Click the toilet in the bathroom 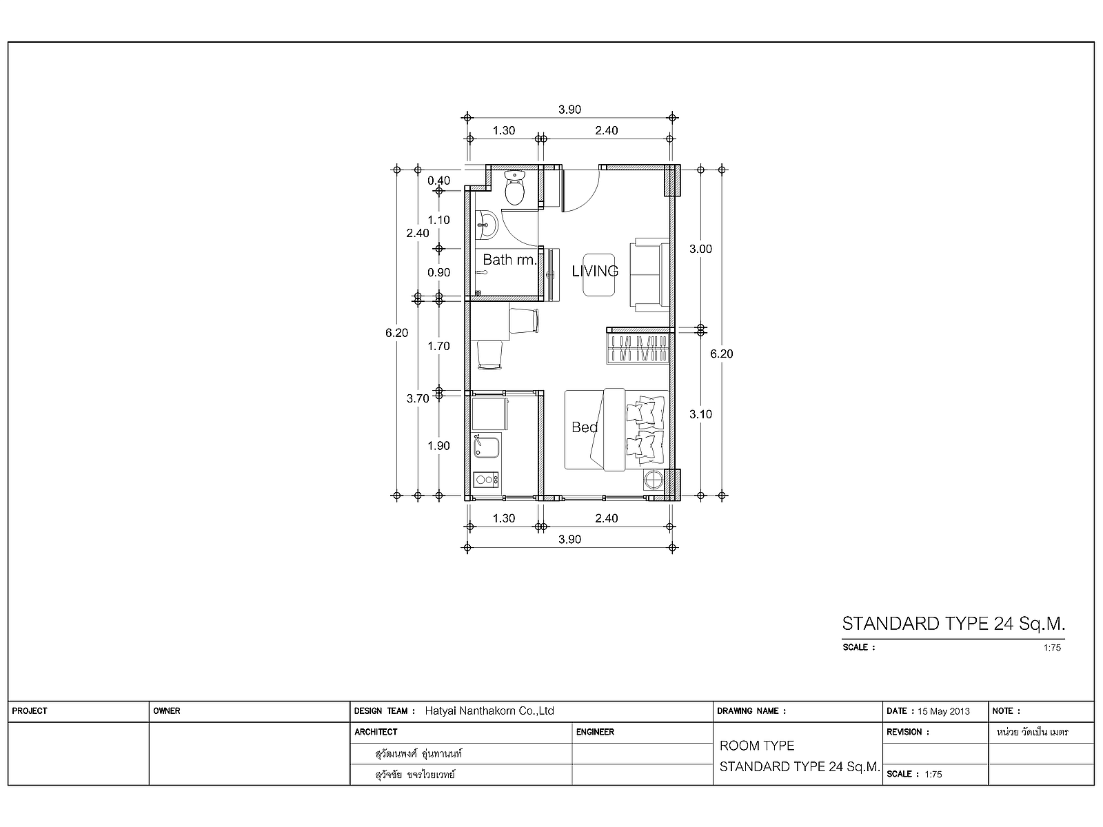(514, 187)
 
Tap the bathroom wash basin (486, 225)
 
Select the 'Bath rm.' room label (509, 260)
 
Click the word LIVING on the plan (595, 271)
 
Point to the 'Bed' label (585, 427)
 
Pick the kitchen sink (487, 447)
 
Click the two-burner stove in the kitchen (485, 480)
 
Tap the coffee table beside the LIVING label (599, 275)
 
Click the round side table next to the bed (654, 480)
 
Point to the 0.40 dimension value (438, 181)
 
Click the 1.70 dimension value (438, 346)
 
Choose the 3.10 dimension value (700, 414)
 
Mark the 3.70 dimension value (418, 399)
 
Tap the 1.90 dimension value (438, 446)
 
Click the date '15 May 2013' (944, 711)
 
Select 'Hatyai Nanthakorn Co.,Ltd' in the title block (489, 711)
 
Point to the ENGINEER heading (595, 732)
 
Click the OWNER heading (167, 711)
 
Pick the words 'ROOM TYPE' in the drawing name (757, 746)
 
